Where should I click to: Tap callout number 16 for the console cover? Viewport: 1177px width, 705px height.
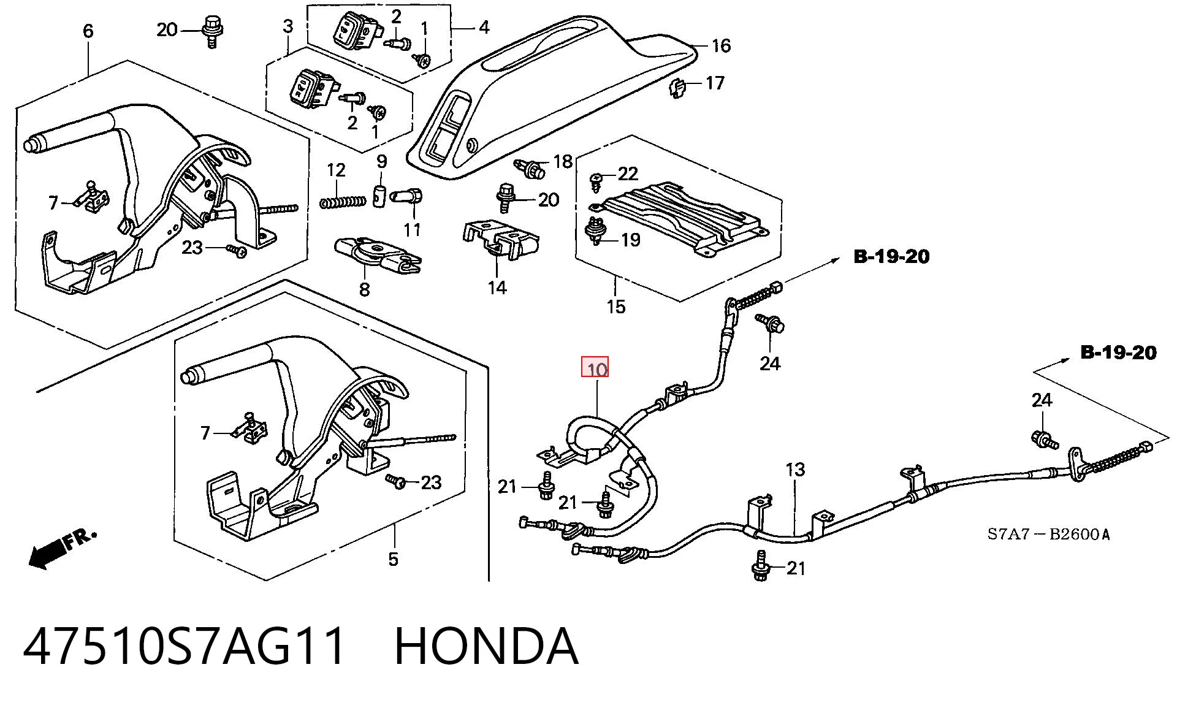tap(721, 45)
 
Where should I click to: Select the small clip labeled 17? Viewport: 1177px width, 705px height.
tap(677, 88)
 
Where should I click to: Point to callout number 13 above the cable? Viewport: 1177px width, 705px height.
tap(795, 470)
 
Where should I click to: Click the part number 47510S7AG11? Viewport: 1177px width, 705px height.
tap(185, 646)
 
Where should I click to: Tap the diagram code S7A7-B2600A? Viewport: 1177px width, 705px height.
tap(1048, 535)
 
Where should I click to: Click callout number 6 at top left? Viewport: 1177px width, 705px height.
tap(88, 31)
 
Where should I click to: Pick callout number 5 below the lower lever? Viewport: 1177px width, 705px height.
tap(393, 559)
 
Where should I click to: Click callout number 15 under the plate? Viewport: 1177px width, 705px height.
tap(616, 307)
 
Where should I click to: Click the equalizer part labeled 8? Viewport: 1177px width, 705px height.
tap(377, 254)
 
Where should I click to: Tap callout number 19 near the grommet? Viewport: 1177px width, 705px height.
tap(631, 240)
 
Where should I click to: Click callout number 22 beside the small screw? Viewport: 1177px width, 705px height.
tap(628, 174)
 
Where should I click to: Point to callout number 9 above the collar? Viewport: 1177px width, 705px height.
tap(382, 162)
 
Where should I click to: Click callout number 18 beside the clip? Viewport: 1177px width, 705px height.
tap(563, 161)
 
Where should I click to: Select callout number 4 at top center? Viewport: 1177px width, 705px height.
tap(484, 27)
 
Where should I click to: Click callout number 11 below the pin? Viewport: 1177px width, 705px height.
tap(412, 230)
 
